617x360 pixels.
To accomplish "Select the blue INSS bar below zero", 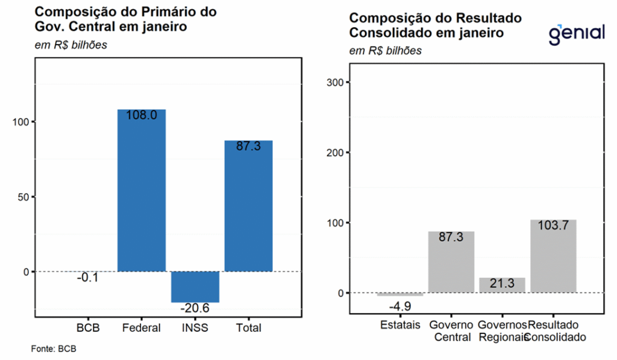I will [195, 286].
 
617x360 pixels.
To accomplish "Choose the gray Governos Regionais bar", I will [502, 285].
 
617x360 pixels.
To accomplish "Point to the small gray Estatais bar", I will [400, 294].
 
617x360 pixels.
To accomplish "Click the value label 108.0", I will [141, 115].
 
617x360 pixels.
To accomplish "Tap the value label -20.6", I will [195, 309].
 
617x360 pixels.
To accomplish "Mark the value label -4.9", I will [400, 306].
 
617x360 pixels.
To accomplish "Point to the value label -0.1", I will [87, 278].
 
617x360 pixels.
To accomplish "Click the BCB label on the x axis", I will [87, 328].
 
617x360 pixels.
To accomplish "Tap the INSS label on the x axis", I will [195, 328].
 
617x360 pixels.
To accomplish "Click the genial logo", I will [576, 33].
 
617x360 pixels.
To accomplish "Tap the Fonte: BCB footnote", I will [54, 349].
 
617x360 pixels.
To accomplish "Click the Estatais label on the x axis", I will [400, 325].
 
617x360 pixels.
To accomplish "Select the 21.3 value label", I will [502, 284].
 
